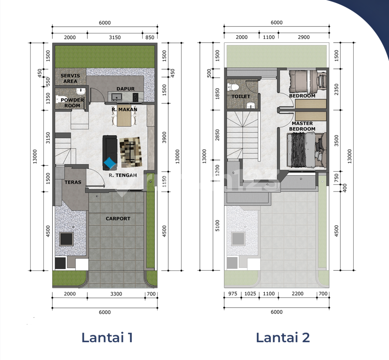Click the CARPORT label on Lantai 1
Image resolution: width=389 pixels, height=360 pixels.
118,219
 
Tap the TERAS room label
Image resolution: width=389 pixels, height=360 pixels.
73,182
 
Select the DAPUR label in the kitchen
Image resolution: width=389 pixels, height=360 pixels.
125,89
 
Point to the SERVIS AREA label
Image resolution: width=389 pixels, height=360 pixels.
70,78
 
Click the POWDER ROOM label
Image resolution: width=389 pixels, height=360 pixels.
72,103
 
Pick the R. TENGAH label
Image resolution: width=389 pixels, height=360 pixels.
123,175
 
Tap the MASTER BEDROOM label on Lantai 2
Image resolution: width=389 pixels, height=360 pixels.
302,126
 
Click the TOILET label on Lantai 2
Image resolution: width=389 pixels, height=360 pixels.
241,96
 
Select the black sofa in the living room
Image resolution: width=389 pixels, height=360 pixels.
110,153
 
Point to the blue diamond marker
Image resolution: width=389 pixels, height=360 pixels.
110,163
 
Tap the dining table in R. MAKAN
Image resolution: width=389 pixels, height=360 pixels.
124,114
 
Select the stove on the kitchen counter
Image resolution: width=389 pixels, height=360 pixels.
135,97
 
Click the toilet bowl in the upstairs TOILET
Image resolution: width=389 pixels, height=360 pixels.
233,87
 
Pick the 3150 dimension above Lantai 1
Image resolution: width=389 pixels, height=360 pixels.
115,37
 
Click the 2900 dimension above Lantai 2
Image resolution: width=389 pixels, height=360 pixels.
304,37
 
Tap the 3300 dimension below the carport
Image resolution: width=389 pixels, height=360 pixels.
116,294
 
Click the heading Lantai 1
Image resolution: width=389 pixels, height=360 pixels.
107,338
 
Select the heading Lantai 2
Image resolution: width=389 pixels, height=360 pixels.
283,338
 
